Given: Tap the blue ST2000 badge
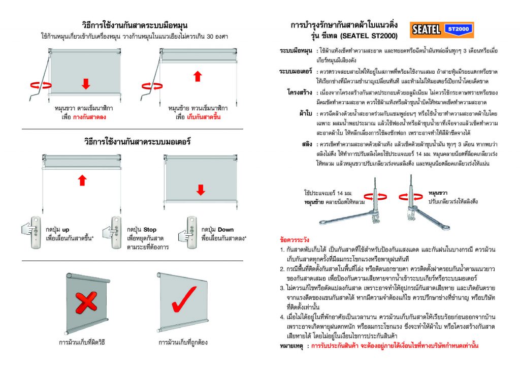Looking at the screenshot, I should pos(458,29).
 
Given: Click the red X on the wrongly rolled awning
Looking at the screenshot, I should pos(87,301).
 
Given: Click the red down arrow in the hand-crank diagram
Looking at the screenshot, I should pos(85,83).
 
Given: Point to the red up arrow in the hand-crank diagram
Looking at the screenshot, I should pos(198,76).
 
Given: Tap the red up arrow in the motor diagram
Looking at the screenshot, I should pos(83,180).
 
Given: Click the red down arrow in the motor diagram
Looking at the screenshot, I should pos(201,190).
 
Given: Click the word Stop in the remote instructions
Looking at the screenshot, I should pos(150,230).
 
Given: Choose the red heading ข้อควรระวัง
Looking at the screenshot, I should pos(295,239).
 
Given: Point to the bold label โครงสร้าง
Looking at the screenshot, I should pos(300,93).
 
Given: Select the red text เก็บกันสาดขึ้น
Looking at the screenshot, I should pos(204,117).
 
